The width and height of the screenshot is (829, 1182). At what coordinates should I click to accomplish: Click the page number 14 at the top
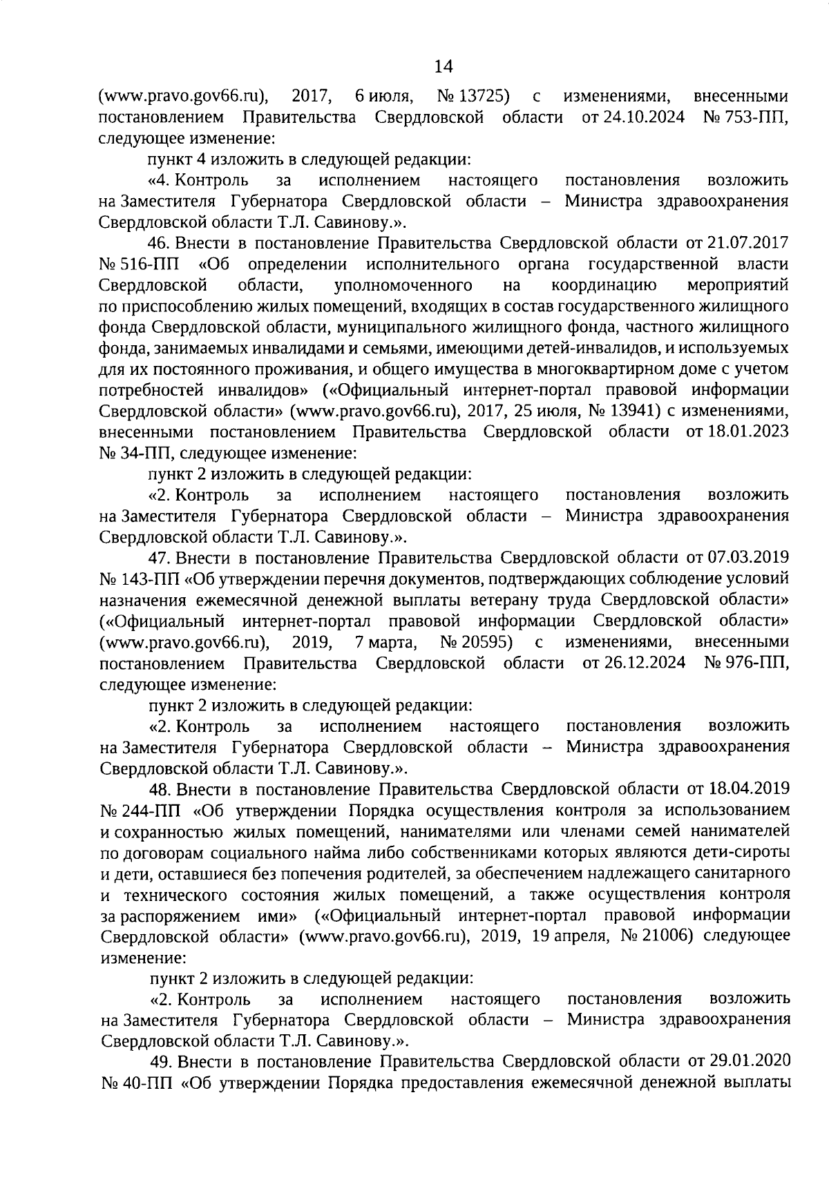pos(443,66)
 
